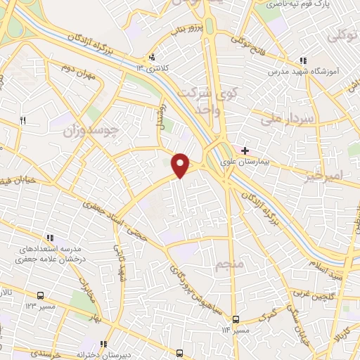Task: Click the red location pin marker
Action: click(181, 164)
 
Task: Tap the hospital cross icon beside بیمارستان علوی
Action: click(245, 150)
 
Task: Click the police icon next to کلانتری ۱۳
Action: click(151, 58)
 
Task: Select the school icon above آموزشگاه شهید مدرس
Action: click(302, 61)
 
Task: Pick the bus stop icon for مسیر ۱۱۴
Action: click(237, 319)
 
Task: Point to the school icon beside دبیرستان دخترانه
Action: click(104, 345)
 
